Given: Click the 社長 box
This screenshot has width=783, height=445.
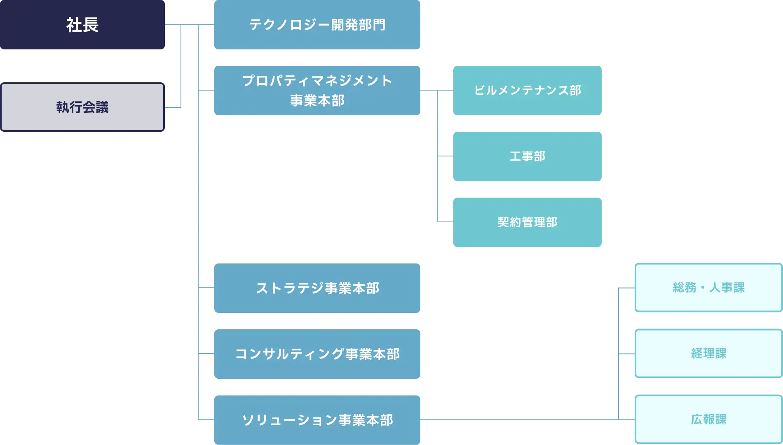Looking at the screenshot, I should coord(82,25).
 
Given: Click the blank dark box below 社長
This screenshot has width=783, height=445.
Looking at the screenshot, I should coord(82,107).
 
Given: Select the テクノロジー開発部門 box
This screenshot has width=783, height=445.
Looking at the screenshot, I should coord(318,25).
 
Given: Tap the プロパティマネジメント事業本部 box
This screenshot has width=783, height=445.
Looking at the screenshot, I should coord(318,90).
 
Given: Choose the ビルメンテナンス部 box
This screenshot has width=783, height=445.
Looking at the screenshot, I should coord(527,91).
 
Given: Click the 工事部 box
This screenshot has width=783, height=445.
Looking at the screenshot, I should coord(527,156).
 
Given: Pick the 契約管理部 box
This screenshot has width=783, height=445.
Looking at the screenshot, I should coord(527,222).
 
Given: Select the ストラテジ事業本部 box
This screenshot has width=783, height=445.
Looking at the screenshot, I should coord(318,288).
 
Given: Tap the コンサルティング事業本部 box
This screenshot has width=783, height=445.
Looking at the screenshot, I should coord(318,354).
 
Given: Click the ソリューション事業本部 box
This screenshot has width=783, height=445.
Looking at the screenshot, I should coord(318,420).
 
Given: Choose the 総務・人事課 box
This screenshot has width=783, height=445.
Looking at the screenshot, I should coord(708,288).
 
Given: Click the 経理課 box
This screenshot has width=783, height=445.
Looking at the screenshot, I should coord(708,354).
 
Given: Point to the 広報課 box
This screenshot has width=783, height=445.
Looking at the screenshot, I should coord(708,419).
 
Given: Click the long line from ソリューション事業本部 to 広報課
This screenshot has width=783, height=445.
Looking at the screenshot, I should coord(519,420).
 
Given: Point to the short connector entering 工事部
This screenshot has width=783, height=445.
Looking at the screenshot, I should coord(444,156).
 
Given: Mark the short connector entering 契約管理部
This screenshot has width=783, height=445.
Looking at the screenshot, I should coord(444,222).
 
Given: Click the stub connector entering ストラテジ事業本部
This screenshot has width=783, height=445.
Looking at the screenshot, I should coord(207,288).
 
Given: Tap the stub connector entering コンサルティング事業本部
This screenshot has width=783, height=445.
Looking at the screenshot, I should coord(207,354).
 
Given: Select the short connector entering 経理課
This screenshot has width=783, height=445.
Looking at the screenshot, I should coord(626,354).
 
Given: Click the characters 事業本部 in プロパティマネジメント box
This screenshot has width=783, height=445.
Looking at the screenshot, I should coord(317,101).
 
